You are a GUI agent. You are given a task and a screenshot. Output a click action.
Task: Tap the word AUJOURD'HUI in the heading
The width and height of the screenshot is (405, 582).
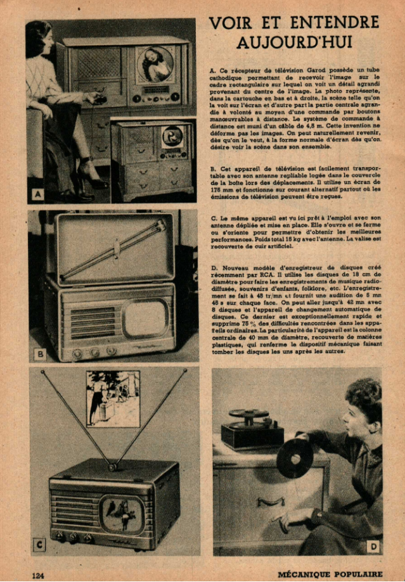[x=294, y=42]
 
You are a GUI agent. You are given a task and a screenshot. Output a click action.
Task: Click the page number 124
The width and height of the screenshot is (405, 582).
[x=38, y=575]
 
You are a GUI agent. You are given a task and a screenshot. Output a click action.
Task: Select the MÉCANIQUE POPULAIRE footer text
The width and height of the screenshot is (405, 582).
[x=330, y=574]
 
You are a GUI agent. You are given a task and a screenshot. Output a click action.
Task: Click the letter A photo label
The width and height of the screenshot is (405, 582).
[x=37, y=194]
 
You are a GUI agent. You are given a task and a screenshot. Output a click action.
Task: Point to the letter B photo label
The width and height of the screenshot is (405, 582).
[x=40, y=354]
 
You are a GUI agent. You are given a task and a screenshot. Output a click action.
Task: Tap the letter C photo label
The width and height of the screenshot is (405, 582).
[x=39, y=545]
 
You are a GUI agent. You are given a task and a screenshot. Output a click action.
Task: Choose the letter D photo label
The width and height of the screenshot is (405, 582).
[x=373, y=546]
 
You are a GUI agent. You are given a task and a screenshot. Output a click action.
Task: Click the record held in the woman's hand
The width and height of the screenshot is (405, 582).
[x=295, y=458]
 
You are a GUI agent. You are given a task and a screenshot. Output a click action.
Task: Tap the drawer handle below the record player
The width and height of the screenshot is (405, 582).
[x=271, y=503]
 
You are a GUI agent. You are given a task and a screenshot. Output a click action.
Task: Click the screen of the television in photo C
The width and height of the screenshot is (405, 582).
[x=122, y=514]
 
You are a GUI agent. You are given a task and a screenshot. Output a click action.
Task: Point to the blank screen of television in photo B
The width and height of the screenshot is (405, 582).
[x=145, y=319]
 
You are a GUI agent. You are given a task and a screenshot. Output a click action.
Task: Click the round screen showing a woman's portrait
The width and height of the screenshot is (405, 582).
[x=155, y=64]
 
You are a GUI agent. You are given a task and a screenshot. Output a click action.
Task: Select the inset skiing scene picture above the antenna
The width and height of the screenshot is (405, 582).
[x=113, y=398]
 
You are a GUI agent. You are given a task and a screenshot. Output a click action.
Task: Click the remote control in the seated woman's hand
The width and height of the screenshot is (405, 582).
[x=100, y=98]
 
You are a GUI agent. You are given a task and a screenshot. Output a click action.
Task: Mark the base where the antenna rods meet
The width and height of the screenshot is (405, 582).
[x=112, y=467]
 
